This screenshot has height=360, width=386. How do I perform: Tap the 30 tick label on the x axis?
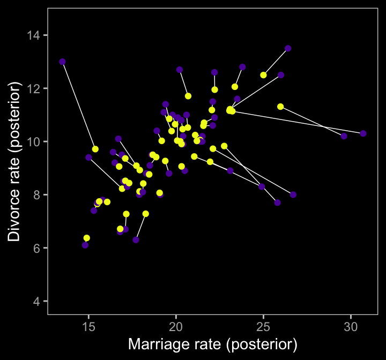[351, 326]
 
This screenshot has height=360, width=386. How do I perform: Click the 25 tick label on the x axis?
[263, 326]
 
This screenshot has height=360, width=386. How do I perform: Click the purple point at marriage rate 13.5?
[62, 62]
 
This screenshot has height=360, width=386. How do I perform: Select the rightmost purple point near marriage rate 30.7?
[363, 133]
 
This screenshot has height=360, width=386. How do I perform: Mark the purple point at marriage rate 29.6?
[344, 136]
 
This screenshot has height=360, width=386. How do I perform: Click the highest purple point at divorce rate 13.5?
[288, 48]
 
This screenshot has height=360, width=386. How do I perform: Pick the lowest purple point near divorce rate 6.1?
[85, 245]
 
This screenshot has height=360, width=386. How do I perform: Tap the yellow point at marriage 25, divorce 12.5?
[263, 75]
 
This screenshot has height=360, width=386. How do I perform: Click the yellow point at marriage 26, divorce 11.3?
[280, 107]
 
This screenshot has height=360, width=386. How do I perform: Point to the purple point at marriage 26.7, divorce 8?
[293, 194]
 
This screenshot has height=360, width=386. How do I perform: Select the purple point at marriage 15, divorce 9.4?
[88, 157]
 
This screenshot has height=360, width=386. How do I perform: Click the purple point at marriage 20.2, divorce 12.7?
[180, 70]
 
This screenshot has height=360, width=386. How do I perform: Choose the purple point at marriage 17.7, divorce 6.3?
[136, 240]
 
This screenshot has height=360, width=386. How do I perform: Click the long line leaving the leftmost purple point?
[78, 104]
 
